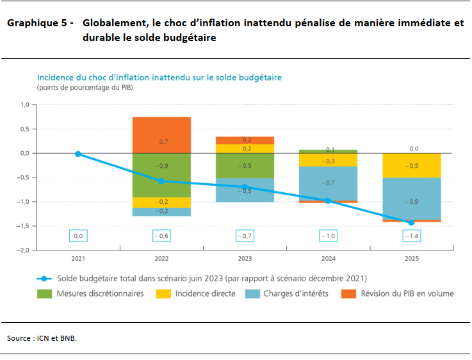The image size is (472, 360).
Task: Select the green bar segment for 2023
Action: pos(245,165)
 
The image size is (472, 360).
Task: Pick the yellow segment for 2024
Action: pos(328,160)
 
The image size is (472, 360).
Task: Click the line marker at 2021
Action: pos(78,154)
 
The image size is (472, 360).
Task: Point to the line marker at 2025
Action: pos(411,222)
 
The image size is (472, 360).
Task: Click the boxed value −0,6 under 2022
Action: pos(161,236)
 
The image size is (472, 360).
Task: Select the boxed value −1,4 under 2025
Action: pos(411,236)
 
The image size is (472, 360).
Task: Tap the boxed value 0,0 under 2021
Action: pos(78,236)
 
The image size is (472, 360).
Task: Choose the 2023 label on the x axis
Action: pos(245,259)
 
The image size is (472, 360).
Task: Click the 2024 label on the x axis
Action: pos(328,259)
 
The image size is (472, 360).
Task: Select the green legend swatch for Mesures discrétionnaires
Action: pos(44,293)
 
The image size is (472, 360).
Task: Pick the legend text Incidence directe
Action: pos(206,293)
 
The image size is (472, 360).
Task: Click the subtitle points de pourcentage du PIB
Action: pos(85,86)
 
